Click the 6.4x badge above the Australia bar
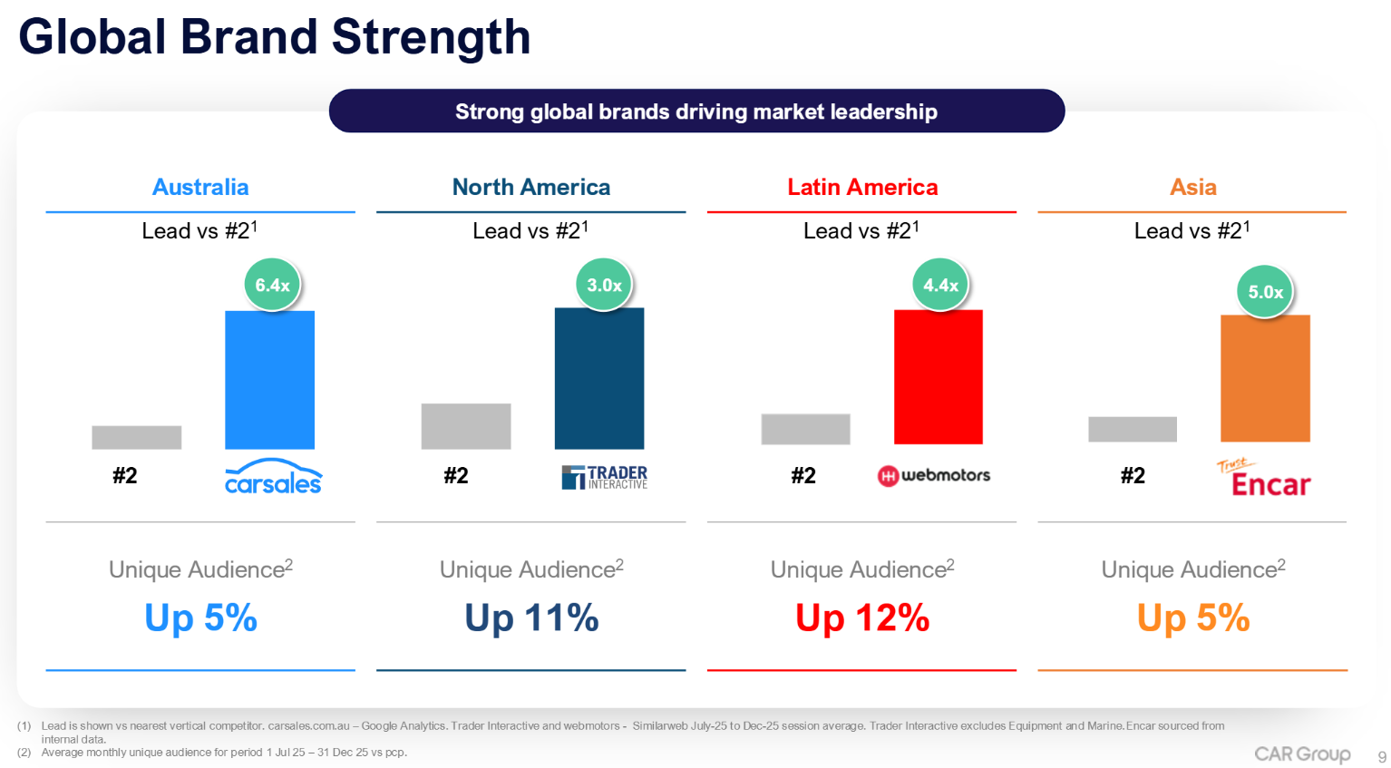coord(272,285)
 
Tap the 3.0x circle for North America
coord(604,285)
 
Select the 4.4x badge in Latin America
coord(940,285)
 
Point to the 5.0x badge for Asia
coord(1265,292)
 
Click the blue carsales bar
coord(269,380)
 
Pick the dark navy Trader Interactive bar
coord(599,378)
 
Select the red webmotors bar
coord(938,377)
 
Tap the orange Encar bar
coord(1265,378)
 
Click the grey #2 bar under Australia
coord(136,437)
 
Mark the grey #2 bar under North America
coord(466,426)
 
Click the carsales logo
coord(273,478)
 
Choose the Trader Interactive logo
coord(605,477)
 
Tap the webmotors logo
coord(934,475)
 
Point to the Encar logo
coord(1264,479)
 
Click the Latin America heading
coord(862,187)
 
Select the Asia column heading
coord(1192,187)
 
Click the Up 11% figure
coord(531,618)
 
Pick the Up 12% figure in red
coord(862,618)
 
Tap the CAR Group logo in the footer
coord(1302,754)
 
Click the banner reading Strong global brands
coord(696,112)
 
